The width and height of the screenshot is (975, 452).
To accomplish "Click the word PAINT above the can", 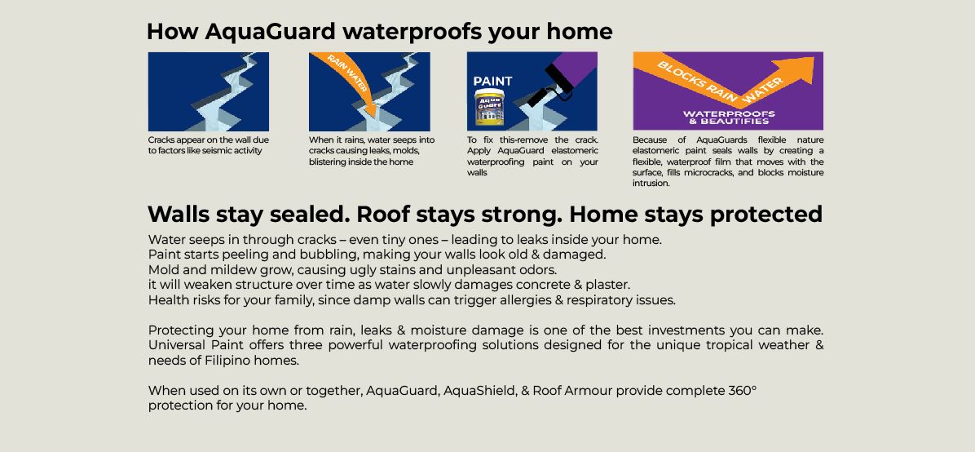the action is (492, 81).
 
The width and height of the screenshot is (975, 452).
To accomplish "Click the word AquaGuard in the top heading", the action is (279, 32).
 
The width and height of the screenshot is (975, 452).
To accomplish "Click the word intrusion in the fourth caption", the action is (651, 184).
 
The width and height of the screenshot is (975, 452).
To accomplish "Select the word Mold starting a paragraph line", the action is (162, 270).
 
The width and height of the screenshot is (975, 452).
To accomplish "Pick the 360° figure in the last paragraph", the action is (743, 391).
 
